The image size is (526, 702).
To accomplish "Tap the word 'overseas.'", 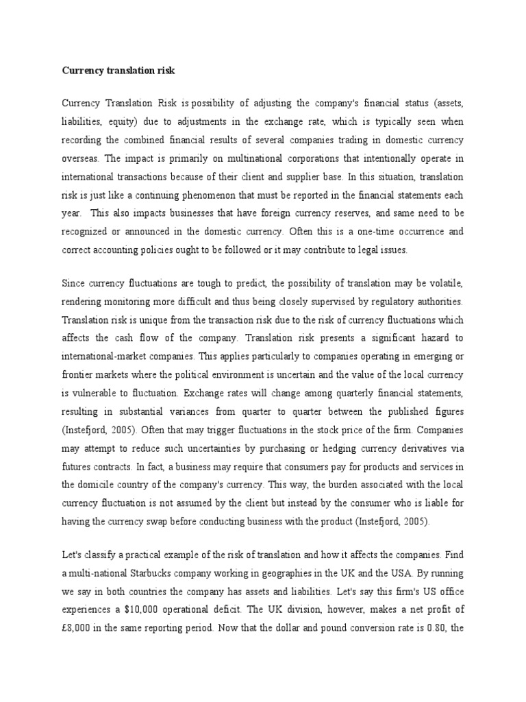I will point(81,158).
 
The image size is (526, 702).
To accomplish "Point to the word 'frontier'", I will point(77,375).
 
